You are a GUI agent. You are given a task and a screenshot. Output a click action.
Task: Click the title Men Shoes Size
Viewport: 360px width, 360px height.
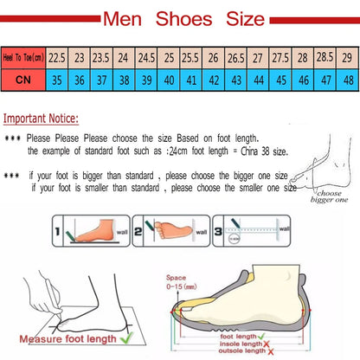pos(179,18)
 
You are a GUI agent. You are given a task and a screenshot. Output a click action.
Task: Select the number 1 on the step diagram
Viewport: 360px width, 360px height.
pos(57,231)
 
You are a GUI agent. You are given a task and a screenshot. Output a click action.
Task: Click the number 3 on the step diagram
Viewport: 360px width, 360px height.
pos(227,231)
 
